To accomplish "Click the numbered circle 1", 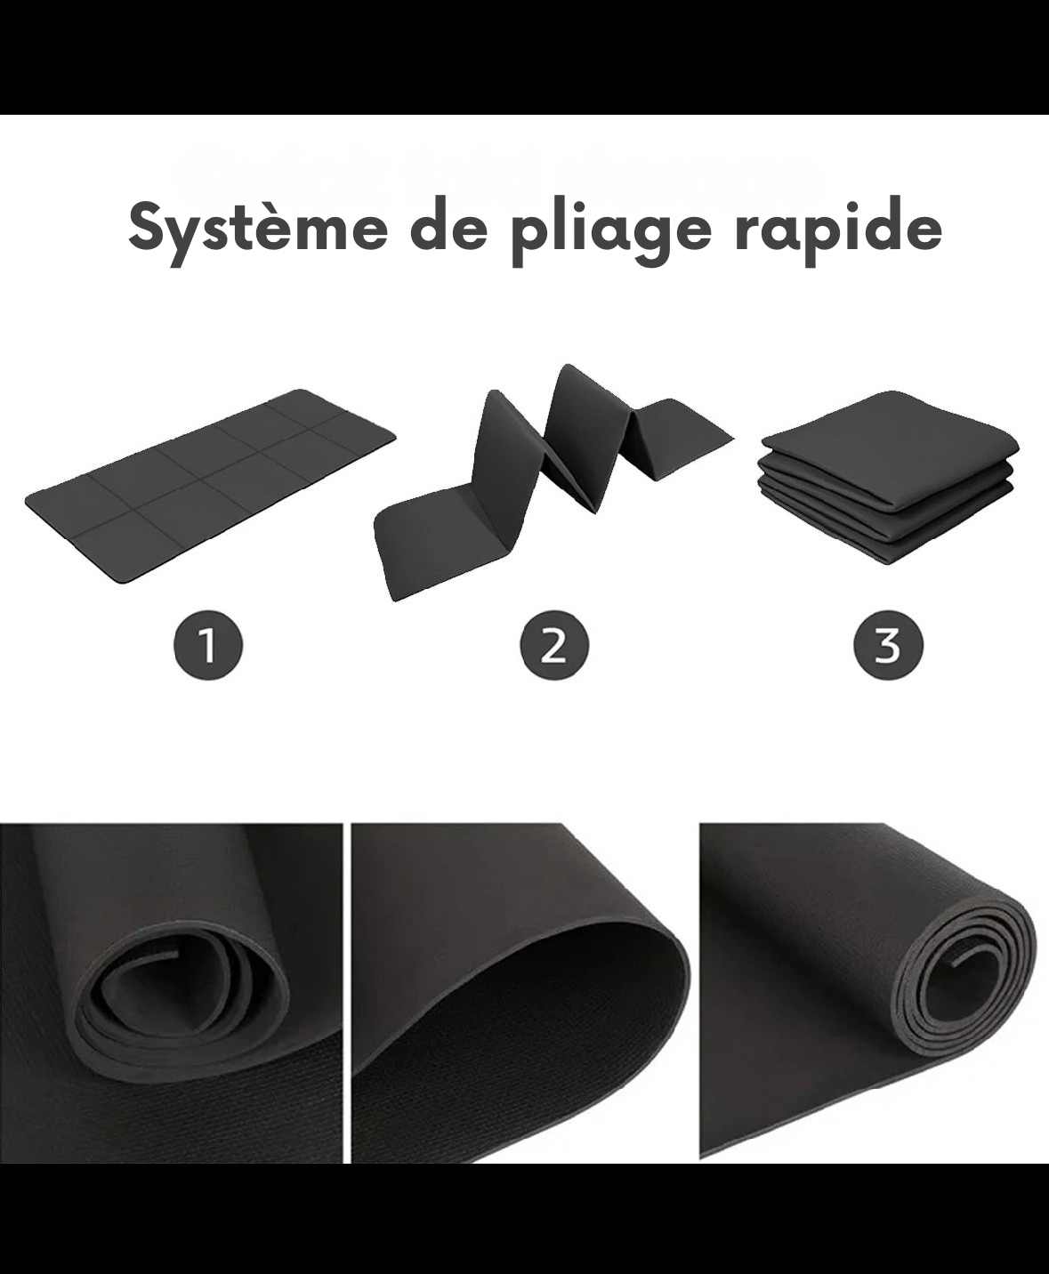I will click(x=207, y=645).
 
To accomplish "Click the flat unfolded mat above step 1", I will click(x=211, y=485).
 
